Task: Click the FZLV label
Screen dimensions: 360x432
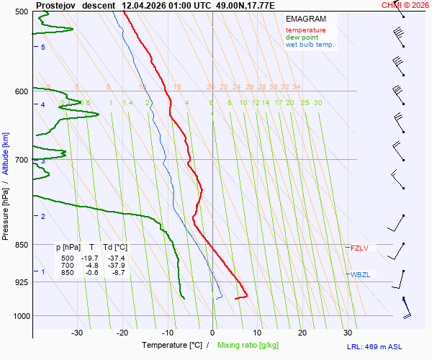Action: tap(359, 248)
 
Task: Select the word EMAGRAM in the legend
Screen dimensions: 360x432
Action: tap(305, 18)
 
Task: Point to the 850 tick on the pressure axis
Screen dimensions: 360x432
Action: tap(21, 245)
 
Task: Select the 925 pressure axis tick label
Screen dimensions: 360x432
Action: tap(21, 282)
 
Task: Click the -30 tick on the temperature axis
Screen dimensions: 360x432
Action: tap(77, 333)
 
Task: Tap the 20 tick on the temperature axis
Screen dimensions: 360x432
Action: tap(302, 333)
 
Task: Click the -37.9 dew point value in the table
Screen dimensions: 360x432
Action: tap(116, 265)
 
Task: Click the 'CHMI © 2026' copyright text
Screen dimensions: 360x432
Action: tap(405, 5)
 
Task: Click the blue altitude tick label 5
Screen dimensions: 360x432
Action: tap(43, 47)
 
